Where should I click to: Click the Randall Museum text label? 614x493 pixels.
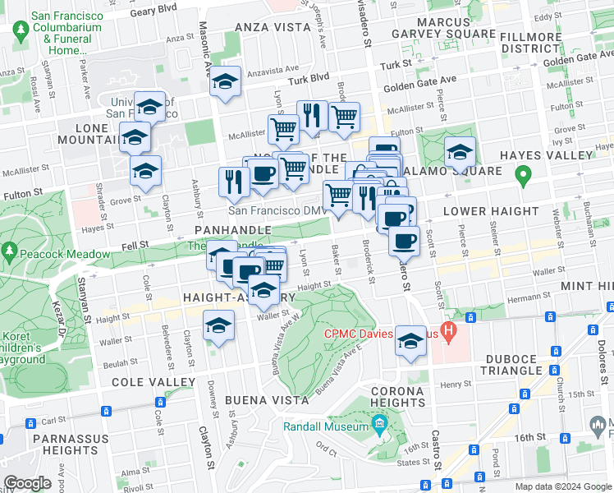click(326, 427)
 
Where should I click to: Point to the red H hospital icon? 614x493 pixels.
click(447, 333)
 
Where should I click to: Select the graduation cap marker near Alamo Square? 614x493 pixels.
click(460, 152)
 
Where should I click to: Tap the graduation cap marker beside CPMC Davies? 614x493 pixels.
click(410, 342)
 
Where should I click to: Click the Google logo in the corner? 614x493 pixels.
click(27, 483)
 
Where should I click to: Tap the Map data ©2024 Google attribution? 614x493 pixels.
click(562, 487)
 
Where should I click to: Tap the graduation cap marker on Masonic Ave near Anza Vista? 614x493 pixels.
click(225, 82)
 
